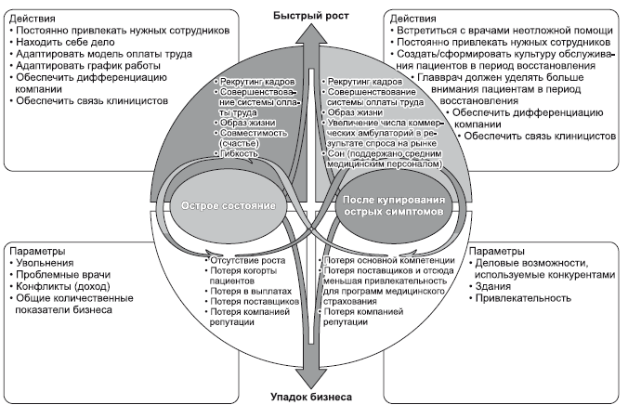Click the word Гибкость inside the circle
click(x=241, y=153)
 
